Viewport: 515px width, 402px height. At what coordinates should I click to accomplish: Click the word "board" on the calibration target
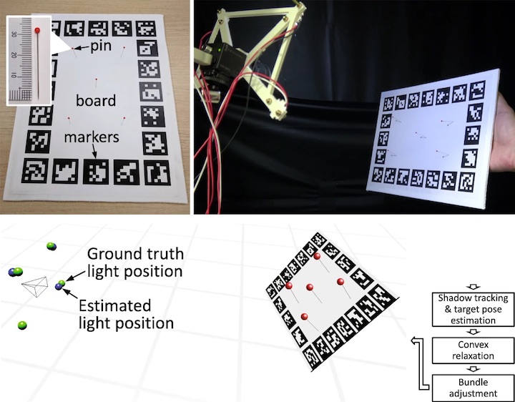click(96, 100)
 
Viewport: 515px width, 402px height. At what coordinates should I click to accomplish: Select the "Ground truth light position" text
click(135, 263)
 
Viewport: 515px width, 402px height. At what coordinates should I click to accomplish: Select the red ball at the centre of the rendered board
click(310, 288)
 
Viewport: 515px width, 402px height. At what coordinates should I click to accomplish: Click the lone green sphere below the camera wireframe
click(24, 325)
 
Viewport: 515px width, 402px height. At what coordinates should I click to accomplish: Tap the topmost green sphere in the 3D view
click(51, 246)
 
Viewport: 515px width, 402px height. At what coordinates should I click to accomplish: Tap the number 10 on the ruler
click(13, 76)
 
